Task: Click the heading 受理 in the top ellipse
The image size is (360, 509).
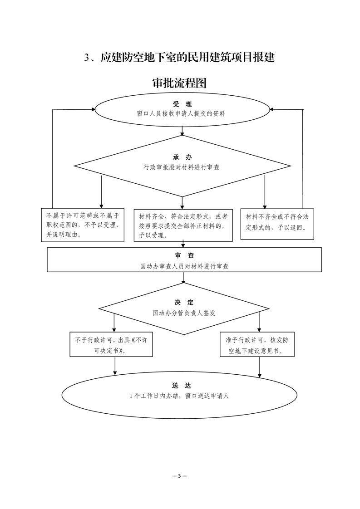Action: click(x=182, y=104)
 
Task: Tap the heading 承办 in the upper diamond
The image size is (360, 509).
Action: click(x=182, y=157)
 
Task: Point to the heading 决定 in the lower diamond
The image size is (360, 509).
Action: click(x=184, y=303)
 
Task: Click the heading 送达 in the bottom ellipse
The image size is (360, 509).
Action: click(x=182, y=386)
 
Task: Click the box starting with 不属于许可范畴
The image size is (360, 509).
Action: click(x=83, y=225)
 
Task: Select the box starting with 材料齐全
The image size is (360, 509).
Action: click(x=183, y=225)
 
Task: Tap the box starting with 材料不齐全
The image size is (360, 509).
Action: click(x=277, y=224)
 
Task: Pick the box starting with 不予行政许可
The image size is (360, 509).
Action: click(x=111, y=344)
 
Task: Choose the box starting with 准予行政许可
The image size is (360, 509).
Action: click(x=257, y=344)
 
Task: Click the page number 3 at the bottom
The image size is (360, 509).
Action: click(x=180, y=476)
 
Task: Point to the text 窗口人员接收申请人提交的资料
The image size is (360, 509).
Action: click(x=181, y=114)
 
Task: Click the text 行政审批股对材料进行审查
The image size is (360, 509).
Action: click(x=182, y=167)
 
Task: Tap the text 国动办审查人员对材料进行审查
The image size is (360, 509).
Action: click(x=184, y=266)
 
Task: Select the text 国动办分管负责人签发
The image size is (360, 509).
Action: click(x=184, y=313)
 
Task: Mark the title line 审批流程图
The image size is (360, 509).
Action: click(x=180, y=83)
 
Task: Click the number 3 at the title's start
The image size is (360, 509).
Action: click(x=87, y=58)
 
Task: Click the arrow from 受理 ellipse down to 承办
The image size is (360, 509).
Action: click(x=182, y=131)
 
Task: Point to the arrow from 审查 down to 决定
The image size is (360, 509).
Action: click(x=183, y=278)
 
